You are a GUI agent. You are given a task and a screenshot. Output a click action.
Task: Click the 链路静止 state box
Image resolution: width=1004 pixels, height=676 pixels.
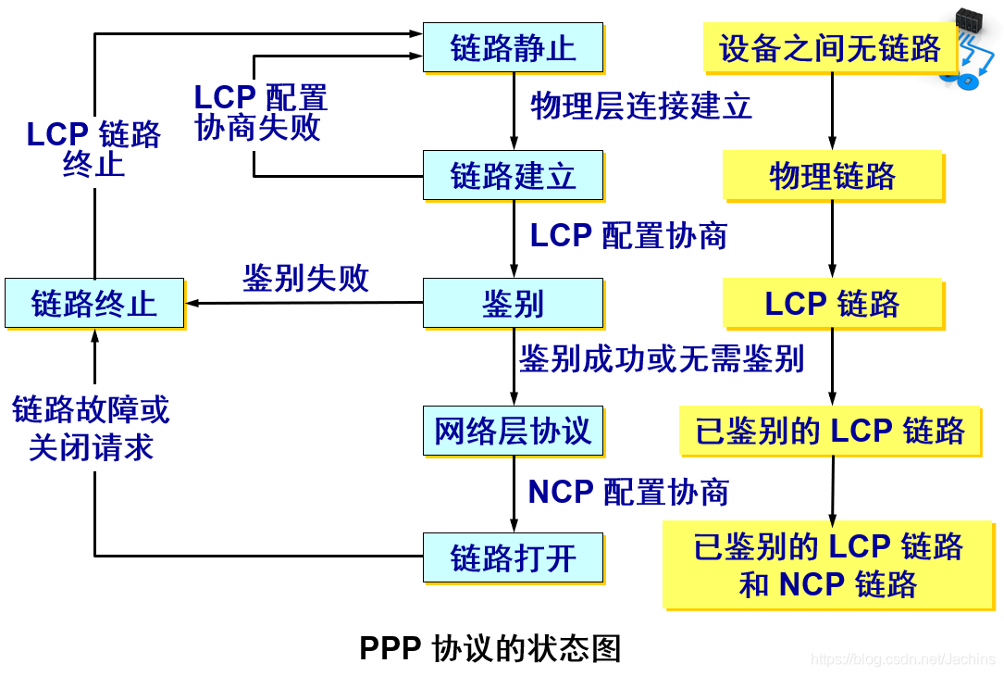click(513, 47)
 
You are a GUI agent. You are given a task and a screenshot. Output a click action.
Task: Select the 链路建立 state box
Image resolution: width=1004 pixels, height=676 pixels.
click(513, 175)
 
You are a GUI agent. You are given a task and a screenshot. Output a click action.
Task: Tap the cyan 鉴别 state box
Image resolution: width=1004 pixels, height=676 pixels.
click(513, 303)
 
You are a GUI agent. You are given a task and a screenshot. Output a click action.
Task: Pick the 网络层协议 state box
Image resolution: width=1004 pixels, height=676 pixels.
click(513, 431)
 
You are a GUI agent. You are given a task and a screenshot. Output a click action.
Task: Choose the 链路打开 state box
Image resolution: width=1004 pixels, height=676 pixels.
click(513, 557)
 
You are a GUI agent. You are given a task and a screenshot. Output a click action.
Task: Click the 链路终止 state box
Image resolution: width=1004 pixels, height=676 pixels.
click(94, 303)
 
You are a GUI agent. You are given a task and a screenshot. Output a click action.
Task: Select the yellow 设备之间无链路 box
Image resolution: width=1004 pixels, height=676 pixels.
click(830, 48)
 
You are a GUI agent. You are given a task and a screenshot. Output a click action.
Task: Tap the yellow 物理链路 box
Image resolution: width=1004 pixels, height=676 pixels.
click(832, 176)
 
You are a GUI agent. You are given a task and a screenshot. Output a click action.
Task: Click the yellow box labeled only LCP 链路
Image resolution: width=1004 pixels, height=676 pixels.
click(832, 304)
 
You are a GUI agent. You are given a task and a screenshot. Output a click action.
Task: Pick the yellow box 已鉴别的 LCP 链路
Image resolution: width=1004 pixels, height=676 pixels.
click(830, 431)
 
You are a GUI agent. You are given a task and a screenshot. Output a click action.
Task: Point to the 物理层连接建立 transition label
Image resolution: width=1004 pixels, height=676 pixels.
click(641, 106)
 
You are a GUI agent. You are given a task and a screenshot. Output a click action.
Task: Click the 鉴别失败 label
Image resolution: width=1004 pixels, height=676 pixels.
click(305, 278)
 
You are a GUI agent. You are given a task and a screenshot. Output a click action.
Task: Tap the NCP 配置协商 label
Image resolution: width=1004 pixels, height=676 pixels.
click(628, 492)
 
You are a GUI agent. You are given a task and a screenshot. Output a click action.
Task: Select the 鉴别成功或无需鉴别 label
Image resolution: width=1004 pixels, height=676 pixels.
click(661, 358)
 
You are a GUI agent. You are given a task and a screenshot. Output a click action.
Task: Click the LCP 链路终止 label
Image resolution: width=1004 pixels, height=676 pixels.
click(93, 149)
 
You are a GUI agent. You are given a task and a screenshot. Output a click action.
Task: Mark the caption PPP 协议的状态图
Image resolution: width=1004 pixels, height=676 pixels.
click(490, 648)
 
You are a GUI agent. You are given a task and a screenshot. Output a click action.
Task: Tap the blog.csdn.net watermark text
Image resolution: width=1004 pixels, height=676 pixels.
click(902, 659)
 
